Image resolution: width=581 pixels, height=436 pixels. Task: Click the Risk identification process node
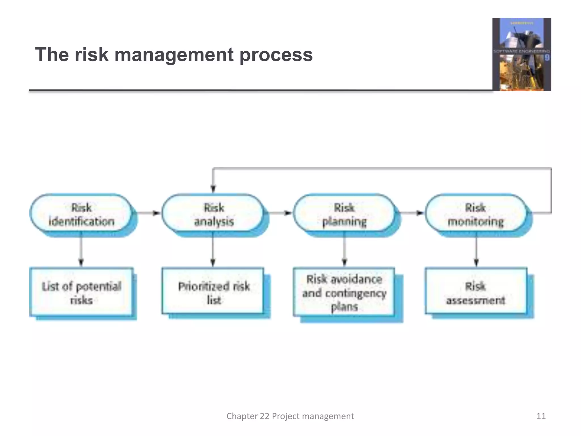point(81,214)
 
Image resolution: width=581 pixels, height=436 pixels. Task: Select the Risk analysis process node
point(213,214)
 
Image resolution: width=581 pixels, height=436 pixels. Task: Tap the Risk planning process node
point(344,214)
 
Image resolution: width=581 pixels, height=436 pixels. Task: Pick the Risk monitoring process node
point(476,214)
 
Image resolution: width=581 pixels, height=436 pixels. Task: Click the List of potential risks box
point(81,292)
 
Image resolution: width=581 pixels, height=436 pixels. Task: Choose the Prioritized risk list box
point(213,292)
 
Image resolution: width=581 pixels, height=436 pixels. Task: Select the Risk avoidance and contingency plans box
point(344,292)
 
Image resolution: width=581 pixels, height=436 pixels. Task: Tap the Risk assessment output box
point(476,292)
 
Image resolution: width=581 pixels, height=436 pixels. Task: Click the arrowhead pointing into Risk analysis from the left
point(156,213)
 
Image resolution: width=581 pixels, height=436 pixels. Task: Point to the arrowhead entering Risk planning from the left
point(288,213)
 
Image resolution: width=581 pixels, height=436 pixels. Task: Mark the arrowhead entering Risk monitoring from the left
point(420,213)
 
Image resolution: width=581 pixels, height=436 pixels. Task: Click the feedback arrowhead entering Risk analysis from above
point(213,189)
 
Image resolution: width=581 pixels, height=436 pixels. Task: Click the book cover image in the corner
point(521,54)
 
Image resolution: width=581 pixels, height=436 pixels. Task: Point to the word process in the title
point(276,55)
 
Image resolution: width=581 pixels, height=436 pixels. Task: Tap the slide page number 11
point(541,416)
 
